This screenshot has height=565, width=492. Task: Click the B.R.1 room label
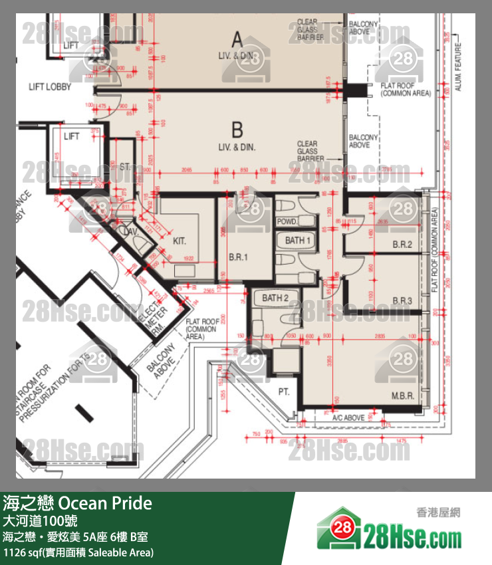pyautogui.click(x=239, y=256)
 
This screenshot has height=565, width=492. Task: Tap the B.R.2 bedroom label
pyautogui.click(x=402, y=245)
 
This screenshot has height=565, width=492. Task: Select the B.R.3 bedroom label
pyautogui.click(x=402, y=301)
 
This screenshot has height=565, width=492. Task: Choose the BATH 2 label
pyautogui.click(x=275, y=298)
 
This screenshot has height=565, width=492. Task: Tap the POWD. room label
pyautogui.click(x=287, y=221)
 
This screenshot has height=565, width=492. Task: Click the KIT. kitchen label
pyautogui.click(x=180, y=240)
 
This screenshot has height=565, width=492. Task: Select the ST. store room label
pyautogui.click(x=125, y=166)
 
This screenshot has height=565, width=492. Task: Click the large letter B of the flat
pyautogui.click(x=237, y=129)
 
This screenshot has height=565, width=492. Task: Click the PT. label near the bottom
pyautogui.click(x=284, y=392)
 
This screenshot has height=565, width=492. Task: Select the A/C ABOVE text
pyautogui.click(x=348, y=418)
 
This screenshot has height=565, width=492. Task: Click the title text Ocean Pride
pyautogui.click(x=106, y=503)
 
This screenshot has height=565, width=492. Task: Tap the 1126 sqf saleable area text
pyautogui.click(x=78, y=552)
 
